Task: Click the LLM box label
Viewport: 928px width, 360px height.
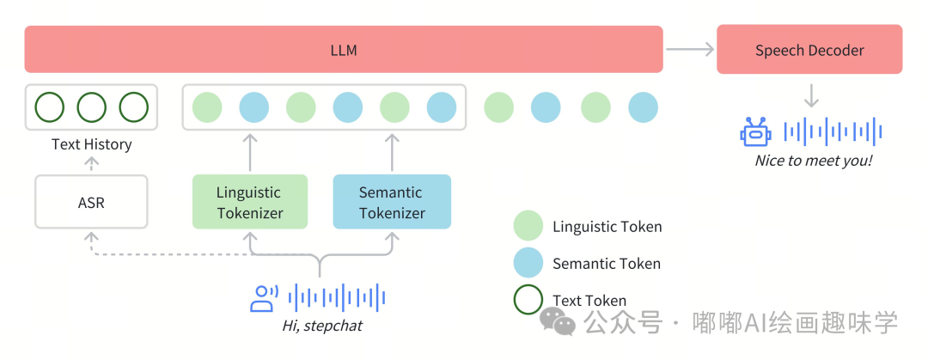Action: click(x=343, y=51)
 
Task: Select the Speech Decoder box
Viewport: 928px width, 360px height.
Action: click(x=809, y=50)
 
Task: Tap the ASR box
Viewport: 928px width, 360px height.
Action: click(x=91, y=202)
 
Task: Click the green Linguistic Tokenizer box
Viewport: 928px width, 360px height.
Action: click(x=249, y=202)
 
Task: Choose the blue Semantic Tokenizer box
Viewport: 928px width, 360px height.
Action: click(x=392, y=202)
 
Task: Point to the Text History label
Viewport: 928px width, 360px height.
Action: click(x=91, y=144)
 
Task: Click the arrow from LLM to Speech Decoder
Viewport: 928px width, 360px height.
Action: click(x=690, y=50)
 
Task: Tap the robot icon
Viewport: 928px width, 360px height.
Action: click(x=755, y=132)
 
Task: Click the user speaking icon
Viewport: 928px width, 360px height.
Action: click(x=263, y=298)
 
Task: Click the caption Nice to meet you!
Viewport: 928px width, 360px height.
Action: click(x=813, y=161)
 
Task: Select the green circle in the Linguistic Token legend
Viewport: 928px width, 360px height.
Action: click(x=528, y=226)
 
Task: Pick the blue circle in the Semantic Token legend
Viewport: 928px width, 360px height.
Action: click(x=528, y=263)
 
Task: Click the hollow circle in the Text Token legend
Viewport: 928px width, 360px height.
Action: click(x=528, y=300)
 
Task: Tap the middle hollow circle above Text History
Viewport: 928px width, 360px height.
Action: click(x=91, y=107)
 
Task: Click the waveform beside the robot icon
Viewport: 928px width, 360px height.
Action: click(x=833, y=132)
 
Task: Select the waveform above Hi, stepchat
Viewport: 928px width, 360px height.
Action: click(x=337, y=298)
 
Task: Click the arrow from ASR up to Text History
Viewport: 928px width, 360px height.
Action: click(x=91, y=164)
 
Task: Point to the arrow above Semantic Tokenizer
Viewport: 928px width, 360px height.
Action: click(x=392, y=152)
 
